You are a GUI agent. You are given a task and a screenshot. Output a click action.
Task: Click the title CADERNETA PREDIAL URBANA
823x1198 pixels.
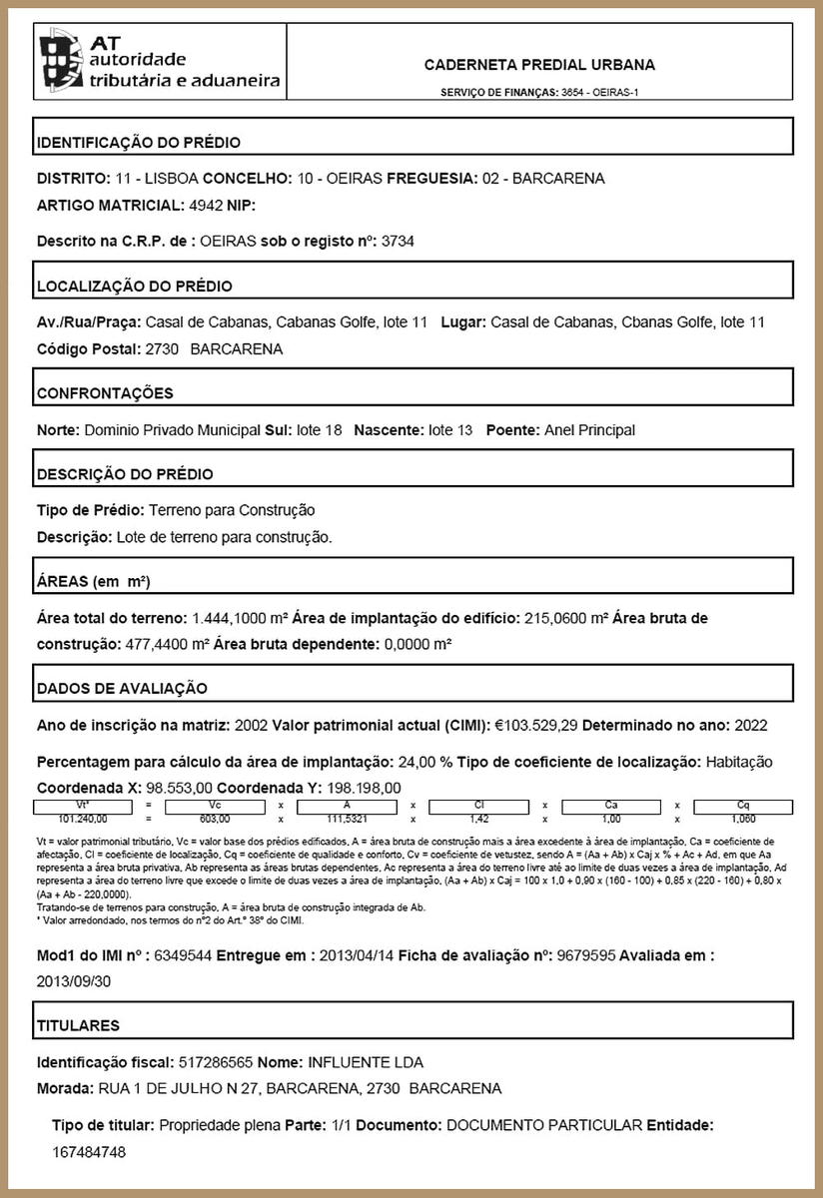(539, 65)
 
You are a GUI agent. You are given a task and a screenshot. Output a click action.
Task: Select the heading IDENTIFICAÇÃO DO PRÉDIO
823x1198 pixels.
(139, 143)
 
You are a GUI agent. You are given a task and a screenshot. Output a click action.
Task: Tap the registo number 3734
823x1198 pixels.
(398, 242)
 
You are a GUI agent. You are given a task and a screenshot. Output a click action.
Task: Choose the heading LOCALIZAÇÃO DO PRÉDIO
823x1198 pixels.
(135, 287)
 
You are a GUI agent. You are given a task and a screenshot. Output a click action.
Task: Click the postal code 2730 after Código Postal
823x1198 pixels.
(162, 349)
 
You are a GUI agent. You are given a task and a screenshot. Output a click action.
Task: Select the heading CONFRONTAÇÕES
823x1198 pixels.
(105, 393)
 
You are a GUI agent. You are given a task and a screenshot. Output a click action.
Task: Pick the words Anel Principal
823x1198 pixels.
(589, 430)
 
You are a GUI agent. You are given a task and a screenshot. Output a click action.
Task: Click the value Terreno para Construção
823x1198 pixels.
(232, 510)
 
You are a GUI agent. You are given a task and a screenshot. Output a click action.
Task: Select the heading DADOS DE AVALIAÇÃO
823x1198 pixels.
(122, 688)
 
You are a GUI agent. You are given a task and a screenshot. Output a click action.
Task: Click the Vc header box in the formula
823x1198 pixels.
(214, 805)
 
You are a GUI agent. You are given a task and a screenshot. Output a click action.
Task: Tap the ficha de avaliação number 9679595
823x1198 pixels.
(586, 955)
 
